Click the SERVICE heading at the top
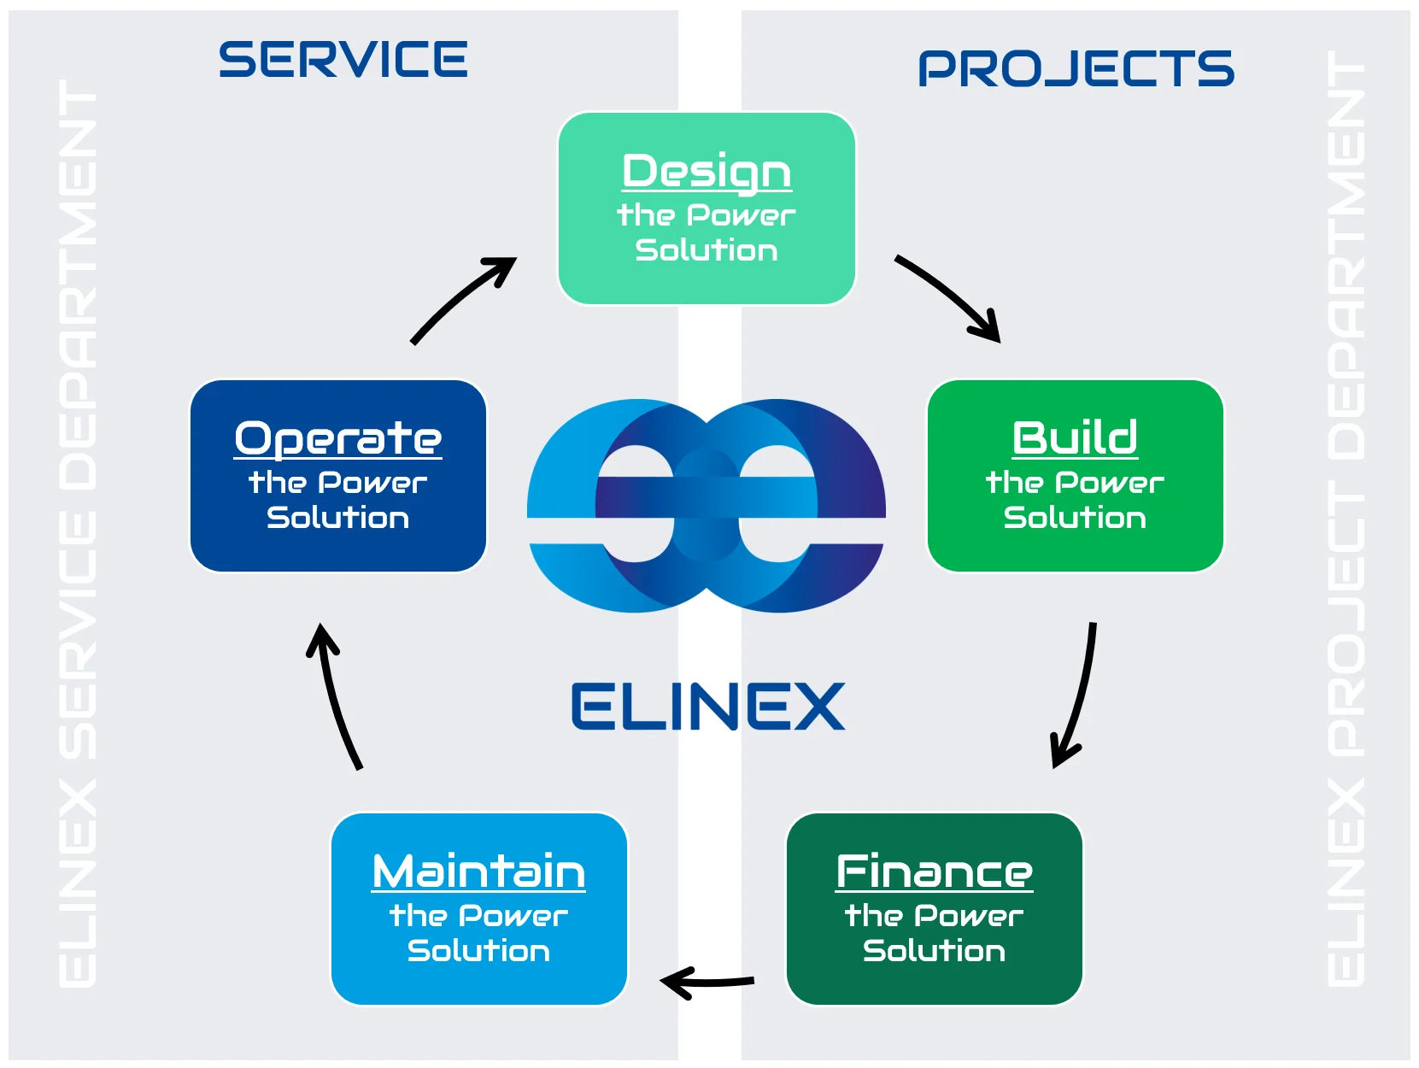pos(343,60)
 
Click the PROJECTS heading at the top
pos(1076,69)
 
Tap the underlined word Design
pos(707,171)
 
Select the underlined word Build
pos(1075,437)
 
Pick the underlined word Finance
pos(934,871)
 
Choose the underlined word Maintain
pos(478,871)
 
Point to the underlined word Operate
pos(338,438)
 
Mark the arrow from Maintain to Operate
pos(336,696)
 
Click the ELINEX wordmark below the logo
pos(707,707)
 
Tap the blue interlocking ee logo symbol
pos(707,505)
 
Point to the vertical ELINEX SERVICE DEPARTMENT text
pos(78,534)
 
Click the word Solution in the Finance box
pos(934,951)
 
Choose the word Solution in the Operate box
pos(338,518)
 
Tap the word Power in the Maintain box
pos(513,916)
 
